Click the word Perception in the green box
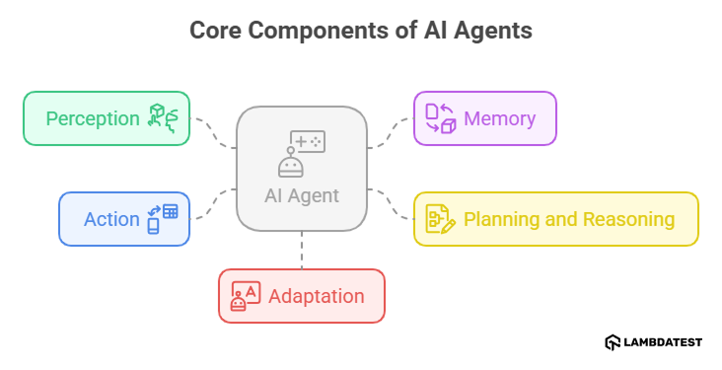click(x=93, y=119)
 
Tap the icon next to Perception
click(x=163, y=117)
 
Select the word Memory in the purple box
click(x=499, y=119)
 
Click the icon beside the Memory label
click(x=440, y=118)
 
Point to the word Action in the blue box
click(x=111, y=219)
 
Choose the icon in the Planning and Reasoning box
click(x=440, y=219)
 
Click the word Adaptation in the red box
click(x=316, y=296)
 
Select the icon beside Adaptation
click(x=245, y=296)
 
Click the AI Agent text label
click(x=301, y=195)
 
